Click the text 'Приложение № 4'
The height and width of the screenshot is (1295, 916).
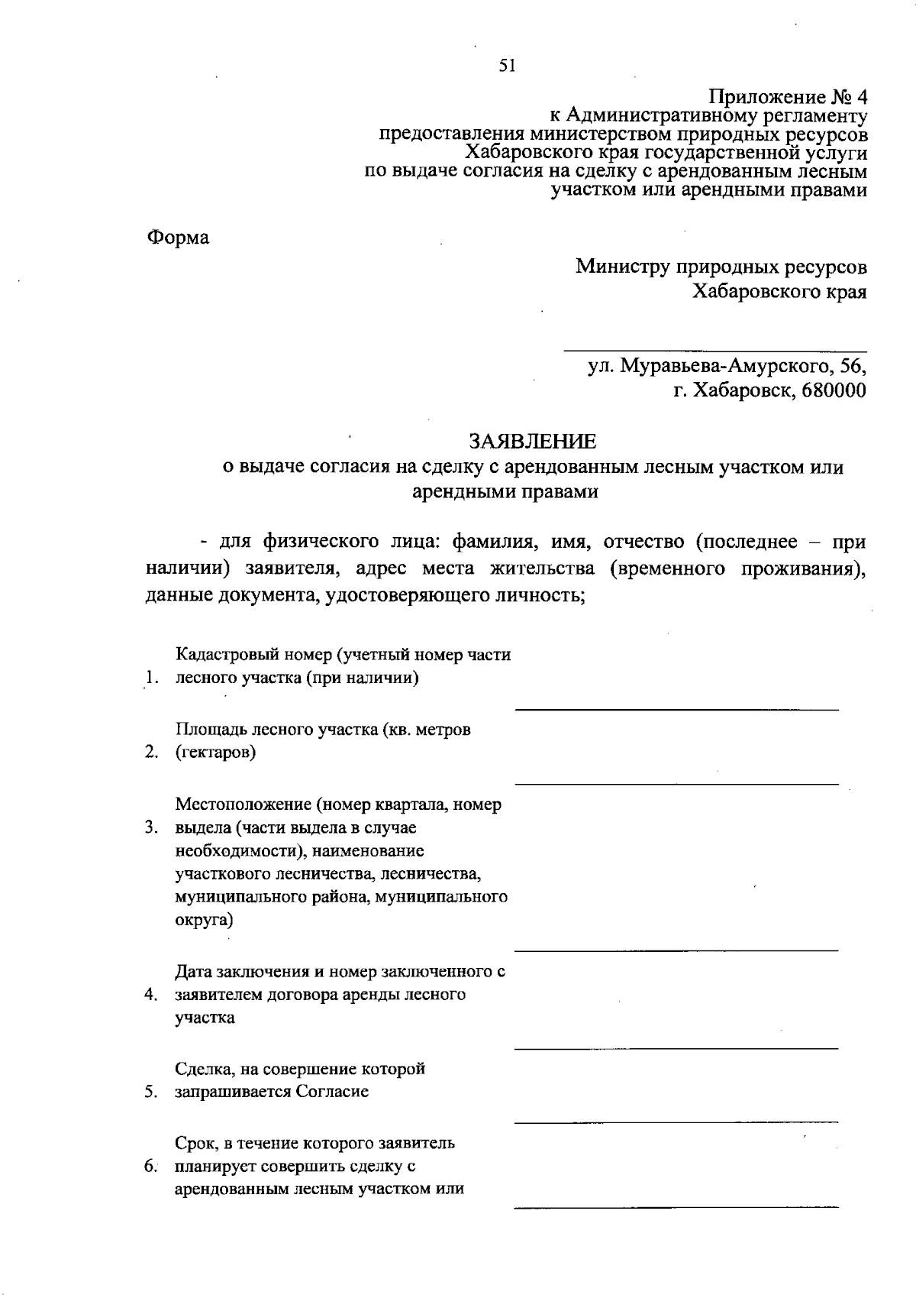click(x=789, y=98)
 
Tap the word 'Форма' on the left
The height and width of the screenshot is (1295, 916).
click(x=177, y=238)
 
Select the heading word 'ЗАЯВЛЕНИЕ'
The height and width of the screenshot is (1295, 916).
click(x=532, y=442)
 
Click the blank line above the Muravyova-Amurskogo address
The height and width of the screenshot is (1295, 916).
click(x=714, y=351)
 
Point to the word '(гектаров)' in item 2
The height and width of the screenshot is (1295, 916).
click(x=215, y=753)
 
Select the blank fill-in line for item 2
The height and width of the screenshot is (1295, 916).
click(x=676, y=784)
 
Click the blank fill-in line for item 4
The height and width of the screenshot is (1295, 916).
click(x=676, y=1048)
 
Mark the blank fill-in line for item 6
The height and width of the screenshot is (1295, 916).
click(x=676, y=1207)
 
